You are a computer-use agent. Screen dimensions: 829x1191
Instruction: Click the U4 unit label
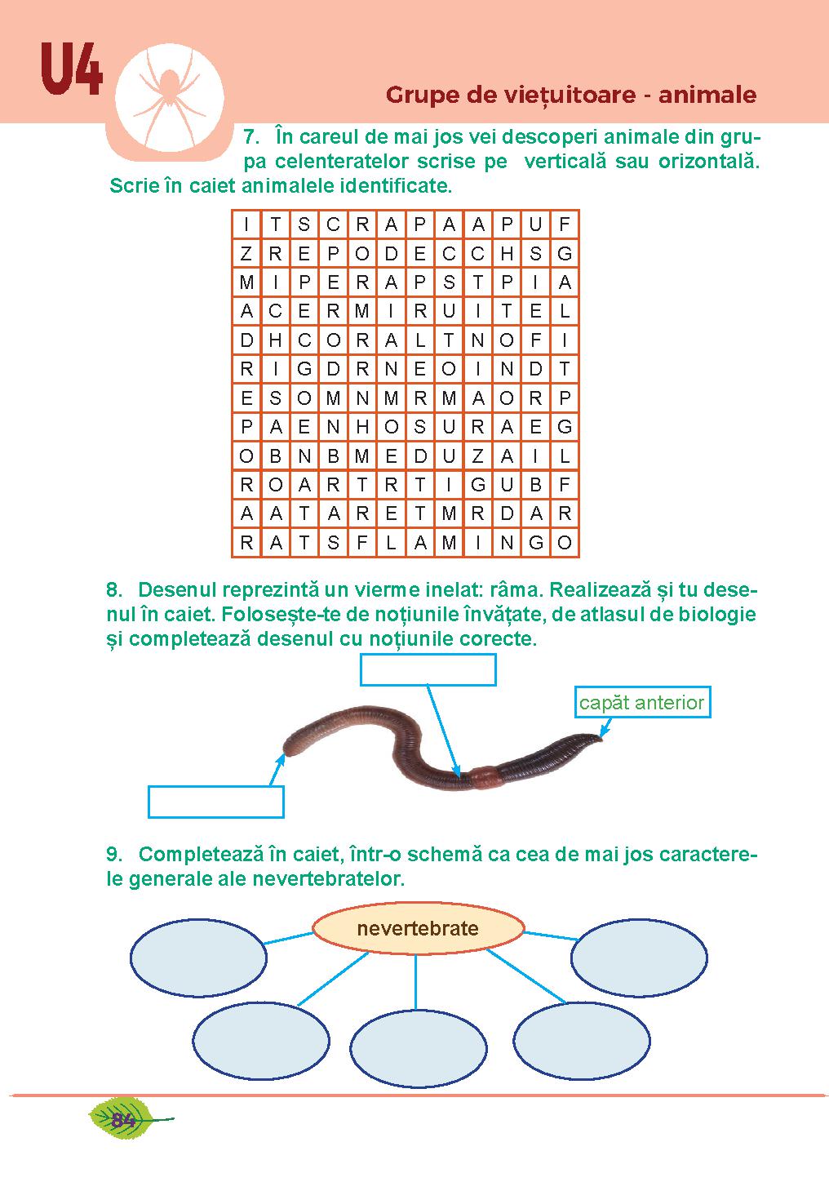[x=71, y=69]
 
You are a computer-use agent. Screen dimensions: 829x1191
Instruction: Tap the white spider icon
[x=170, y=98]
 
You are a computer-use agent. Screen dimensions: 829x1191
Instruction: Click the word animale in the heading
[x=707, y=96]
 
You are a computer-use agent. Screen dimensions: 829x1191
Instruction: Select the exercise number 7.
[x=251, y=137]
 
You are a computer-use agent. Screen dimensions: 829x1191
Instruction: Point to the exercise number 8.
[x=114, y=589]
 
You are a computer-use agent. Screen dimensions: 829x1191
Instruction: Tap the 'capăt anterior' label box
[x=642, y=702]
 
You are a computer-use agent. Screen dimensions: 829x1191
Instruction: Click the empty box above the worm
[x=428, y=669]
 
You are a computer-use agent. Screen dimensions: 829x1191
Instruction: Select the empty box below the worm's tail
[x=215, y=802]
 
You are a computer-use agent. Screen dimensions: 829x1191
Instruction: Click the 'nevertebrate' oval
[x=419, y=928]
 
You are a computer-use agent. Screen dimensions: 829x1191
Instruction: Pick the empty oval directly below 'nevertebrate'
[x=419, y=1049]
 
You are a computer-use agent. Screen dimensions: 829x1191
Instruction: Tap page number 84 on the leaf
[x=123, y=1120]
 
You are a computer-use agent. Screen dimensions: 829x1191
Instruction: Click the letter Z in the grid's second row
[x=246, y=254]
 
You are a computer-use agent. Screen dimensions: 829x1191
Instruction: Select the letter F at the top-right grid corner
[x=565, y=224]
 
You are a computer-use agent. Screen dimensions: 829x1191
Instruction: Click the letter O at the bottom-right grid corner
[x=565, y=543]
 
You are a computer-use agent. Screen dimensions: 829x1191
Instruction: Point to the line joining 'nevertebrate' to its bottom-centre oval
[x=415, y=982]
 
